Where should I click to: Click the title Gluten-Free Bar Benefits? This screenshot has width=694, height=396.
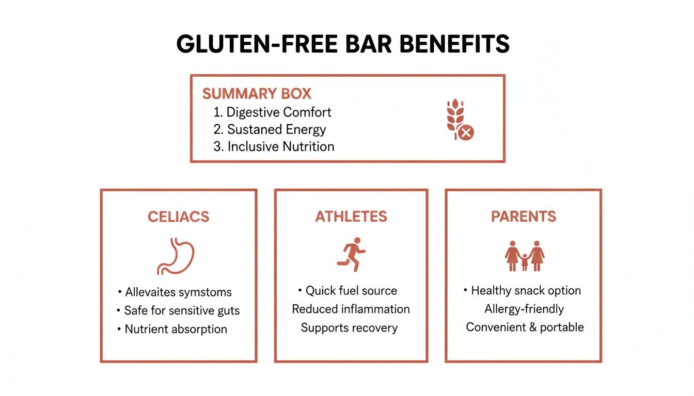(343, 45)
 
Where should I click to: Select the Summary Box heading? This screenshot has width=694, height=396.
(257, 94)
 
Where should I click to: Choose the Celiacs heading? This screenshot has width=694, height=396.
(179, 217)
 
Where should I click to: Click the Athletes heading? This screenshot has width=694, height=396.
(351, 217)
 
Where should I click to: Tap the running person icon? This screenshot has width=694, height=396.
(351, 254)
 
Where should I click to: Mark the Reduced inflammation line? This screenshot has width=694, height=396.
(351, 309)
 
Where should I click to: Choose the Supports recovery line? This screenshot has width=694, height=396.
(350, 327)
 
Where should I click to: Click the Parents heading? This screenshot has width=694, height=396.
(524, 217)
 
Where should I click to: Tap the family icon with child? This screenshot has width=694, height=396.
(524, 256)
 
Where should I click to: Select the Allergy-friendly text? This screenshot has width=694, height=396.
(524, 309)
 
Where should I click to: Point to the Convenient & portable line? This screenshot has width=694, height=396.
(525, 327)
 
